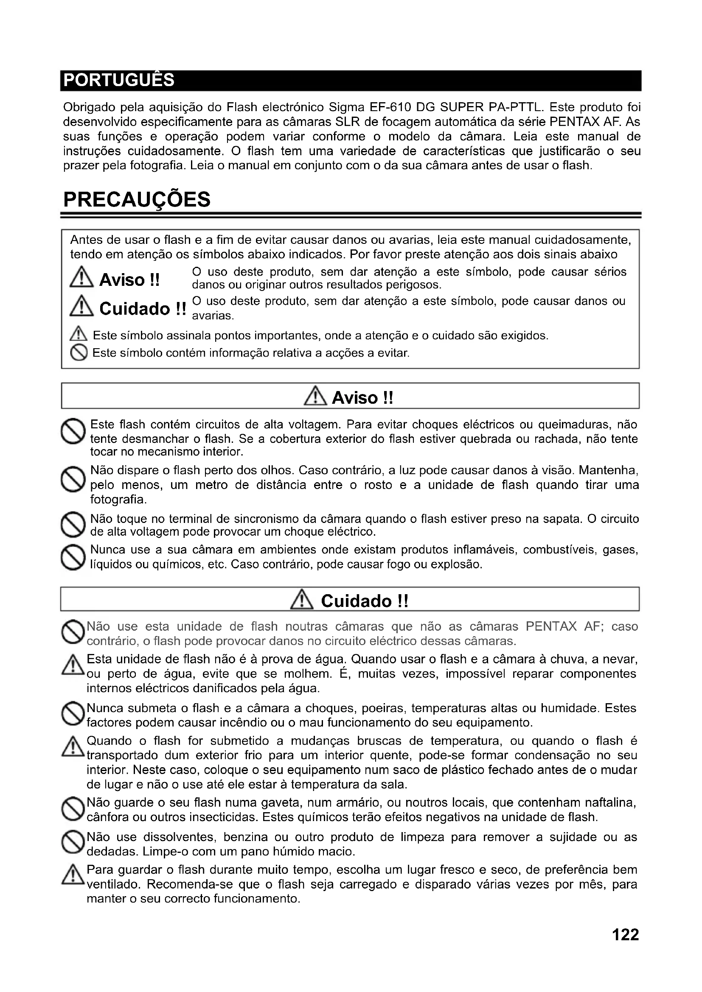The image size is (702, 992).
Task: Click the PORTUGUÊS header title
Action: click(x=119, y=80)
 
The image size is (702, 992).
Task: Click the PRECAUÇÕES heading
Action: click(x=137, y=200)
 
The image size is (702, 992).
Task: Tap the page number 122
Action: click(x=625, y=935)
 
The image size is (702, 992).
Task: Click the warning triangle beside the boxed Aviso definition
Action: click(x=81, y=277)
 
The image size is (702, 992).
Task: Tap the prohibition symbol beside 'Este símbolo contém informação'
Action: click(x=79, y=353)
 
